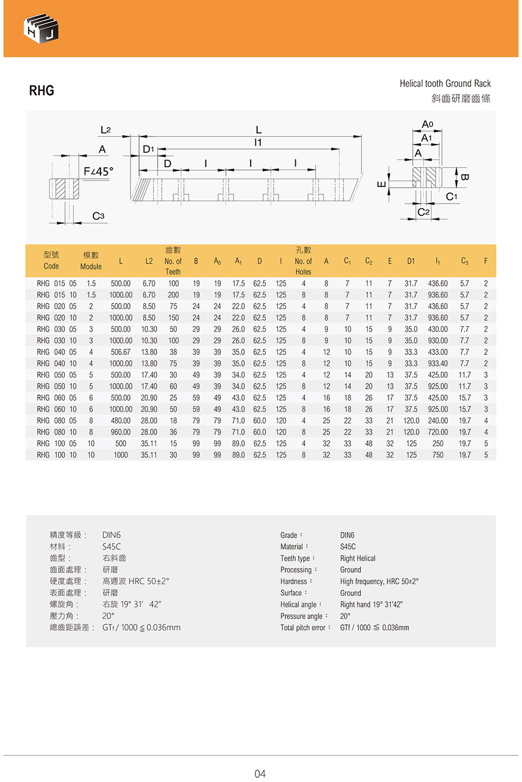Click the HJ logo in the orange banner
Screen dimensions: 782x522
41,28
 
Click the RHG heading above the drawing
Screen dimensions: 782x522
42,90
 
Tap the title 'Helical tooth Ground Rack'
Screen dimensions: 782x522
445,84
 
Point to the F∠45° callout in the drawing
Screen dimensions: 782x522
99,172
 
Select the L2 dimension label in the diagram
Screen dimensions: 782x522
105,131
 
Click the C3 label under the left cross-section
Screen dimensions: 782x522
99,216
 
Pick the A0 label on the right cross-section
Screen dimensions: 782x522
427,124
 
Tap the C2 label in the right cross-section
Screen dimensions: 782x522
423,212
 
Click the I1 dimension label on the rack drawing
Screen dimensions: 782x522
258,143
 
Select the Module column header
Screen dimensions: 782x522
91,260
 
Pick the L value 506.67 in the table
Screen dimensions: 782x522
121,352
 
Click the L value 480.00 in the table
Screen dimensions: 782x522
121,421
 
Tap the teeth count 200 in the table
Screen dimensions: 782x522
173,295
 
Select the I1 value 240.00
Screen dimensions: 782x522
438,421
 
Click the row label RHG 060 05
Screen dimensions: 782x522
56,398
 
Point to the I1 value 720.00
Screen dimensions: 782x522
438,432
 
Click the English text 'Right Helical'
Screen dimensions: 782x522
358,558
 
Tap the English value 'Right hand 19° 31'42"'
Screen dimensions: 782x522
371,604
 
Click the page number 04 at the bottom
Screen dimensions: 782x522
260,774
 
